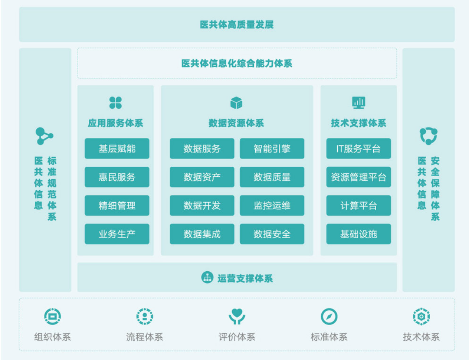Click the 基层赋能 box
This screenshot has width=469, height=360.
(x=117, y=149)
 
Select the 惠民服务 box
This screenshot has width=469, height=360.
(x=117, y=177)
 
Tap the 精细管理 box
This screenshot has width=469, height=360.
(x=117, y=206)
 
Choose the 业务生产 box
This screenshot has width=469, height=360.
(x=117, y=234)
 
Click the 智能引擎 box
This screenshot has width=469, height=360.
(x=272, y=149)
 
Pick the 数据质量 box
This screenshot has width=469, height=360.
(x=272, y=177)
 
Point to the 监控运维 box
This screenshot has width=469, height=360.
(x=272, y=206)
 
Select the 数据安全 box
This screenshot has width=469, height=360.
(x=272, y=234)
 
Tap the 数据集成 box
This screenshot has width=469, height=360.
(x=202, y=234)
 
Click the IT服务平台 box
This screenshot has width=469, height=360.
(x=358, y=149)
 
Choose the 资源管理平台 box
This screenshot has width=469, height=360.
(x=358, y=177)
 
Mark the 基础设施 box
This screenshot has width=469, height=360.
(x=358, y=234)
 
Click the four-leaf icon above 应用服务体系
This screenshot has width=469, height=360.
(x=115, y=103)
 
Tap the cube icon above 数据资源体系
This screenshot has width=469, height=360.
(x=236, y=103)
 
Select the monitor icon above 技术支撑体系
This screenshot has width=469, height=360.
(x=358, y=102)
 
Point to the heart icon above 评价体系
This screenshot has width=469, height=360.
(x=237, y=317)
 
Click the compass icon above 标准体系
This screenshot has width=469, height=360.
(x=329, y=317)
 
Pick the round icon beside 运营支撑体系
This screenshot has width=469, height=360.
(x=207, y=278)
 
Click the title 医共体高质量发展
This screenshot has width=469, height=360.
(x=237, y=25)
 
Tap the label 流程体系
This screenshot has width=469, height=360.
(x=144, y=337)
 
